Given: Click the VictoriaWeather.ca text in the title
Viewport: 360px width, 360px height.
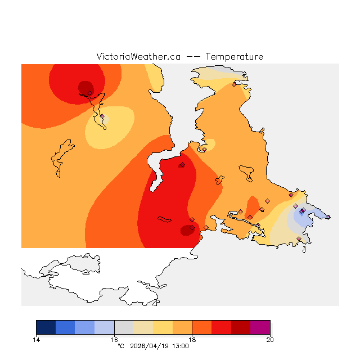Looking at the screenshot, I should (138, 57).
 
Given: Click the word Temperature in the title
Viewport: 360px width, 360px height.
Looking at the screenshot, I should (234, 57).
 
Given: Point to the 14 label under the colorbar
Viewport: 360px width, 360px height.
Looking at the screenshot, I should (36, 339).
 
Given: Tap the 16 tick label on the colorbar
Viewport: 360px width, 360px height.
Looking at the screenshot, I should (114, 339).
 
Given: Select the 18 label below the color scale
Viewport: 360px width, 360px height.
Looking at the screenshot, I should (192, 339).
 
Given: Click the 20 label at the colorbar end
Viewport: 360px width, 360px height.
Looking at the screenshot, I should (270, 339).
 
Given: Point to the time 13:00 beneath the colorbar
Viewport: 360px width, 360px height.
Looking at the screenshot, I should (180, 346).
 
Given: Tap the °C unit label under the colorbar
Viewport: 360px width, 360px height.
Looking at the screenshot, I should (120, 346).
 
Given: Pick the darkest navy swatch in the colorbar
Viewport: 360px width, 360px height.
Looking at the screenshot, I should (46, 327).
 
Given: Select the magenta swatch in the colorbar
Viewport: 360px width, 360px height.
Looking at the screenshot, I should (260, 327).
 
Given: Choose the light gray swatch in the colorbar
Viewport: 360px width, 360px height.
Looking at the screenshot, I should (124, 327).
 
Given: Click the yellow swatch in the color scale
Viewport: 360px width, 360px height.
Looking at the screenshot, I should (163, 327).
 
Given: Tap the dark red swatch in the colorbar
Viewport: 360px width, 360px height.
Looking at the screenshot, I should (241, 327).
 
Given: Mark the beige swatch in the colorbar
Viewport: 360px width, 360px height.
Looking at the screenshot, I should (143, 327).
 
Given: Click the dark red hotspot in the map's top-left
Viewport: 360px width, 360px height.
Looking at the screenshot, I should (85, 87).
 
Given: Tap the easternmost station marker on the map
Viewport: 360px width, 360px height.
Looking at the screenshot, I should (328, 217).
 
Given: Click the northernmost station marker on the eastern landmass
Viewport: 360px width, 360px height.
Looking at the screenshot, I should (234, 85).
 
